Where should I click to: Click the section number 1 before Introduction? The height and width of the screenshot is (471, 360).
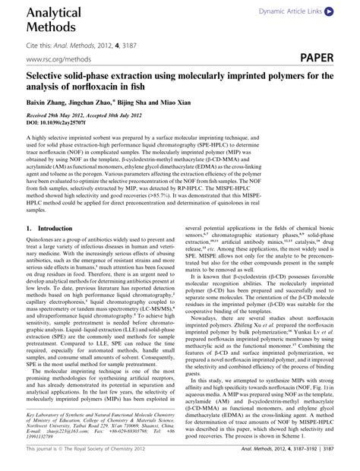pyautogui.click(x=28, y=228)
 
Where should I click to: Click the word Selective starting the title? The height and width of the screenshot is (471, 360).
pyautogui.click(x=49, y=76)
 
